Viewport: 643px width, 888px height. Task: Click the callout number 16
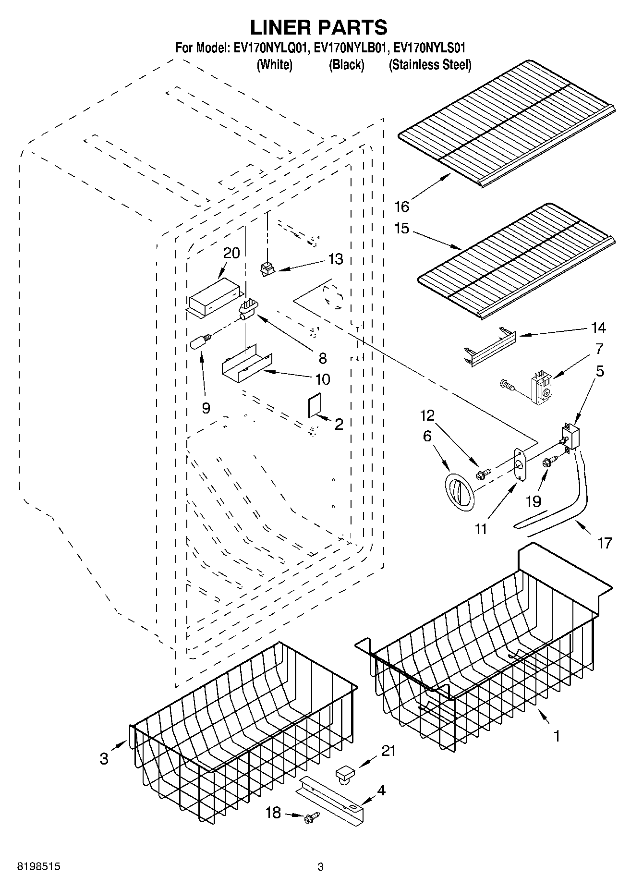(401, 207)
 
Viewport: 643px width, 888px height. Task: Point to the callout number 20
(231, 253)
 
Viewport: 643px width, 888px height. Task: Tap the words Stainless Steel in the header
(430, 65)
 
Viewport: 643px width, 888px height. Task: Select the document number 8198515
(38, 867)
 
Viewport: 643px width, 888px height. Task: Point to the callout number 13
(336, 259)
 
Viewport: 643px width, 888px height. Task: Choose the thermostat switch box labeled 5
(569, 436)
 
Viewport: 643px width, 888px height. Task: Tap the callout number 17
(605, 543)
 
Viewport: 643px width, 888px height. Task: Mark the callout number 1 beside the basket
(557, 736)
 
